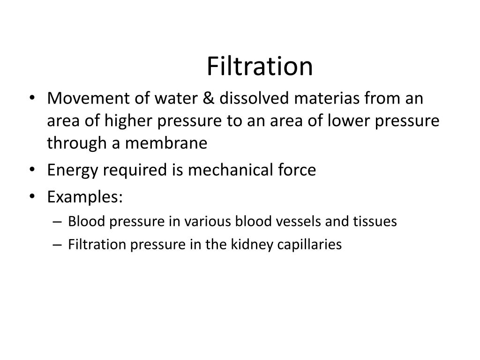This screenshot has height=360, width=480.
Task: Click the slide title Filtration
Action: point(259,67)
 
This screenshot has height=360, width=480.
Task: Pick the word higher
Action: point(131,121)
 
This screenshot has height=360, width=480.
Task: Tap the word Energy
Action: point(74,170)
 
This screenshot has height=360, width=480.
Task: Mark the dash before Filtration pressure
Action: point(60,245)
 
